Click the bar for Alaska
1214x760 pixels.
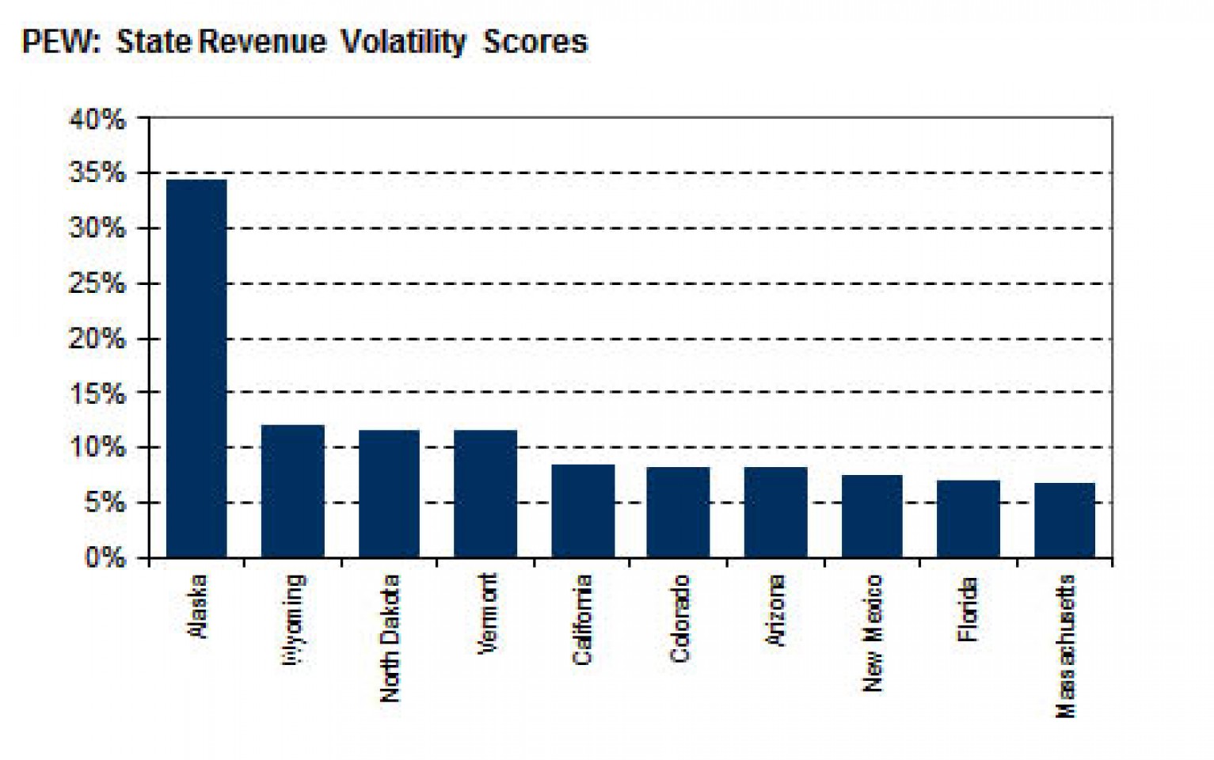[x=196, y=368]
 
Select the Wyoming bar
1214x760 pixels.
[x=293, y=491]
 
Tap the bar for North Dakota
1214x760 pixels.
[x=390, y=493]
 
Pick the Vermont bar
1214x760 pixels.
[x=485, y=493]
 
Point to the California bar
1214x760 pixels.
[x=583, y=511]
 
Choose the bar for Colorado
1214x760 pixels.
[x=679, y=512]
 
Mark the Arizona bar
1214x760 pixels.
[x=776, y=512]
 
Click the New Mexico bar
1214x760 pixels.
[x=872, y=516]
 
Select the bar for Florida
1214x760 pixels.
[x=969, y=519]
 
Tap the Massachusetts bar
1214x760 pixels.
[x=1065, y=520]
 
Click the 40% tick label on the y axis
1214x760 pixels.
[x=97, y=120]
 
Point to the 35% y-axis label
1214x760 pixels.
[x=97, y=173]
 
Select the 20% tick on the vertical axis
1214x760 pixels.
[x=97, y=339]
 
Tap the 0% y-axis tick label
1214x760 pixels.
[x=105, y=558]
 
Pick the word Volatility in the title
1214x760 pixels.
[x=404, y=42]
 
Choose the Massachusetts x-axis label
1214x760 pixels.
[x=1066, y=646]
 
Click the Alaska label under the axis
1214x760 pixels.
[x=197, y=606]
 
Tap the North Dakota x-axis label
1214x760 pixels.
[x=390, y=638]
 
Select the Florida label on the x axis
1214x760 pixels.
[x=968, y=610]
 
